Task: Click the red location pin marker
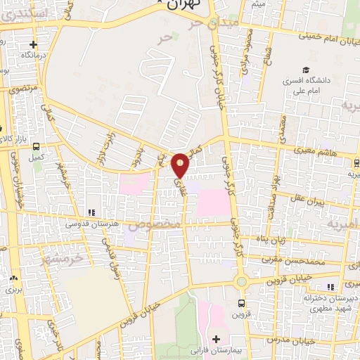(x=180, y=165)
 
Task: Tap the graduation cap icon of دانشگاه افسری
(x=305, y=70)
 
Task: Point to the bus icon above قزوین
(x=242, y=304)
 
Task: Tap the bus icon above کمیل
(x=35, y=145)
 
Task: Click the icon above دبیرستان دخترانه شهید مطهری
(x=329, y=287)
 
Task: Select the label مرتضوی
(x=22, y=89)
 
